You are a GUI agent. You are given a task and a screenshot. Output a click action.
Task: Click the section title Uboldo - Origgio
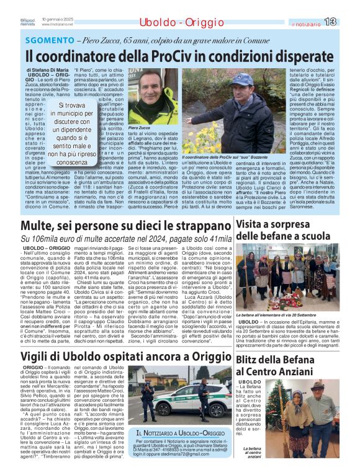coord(173,23)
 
